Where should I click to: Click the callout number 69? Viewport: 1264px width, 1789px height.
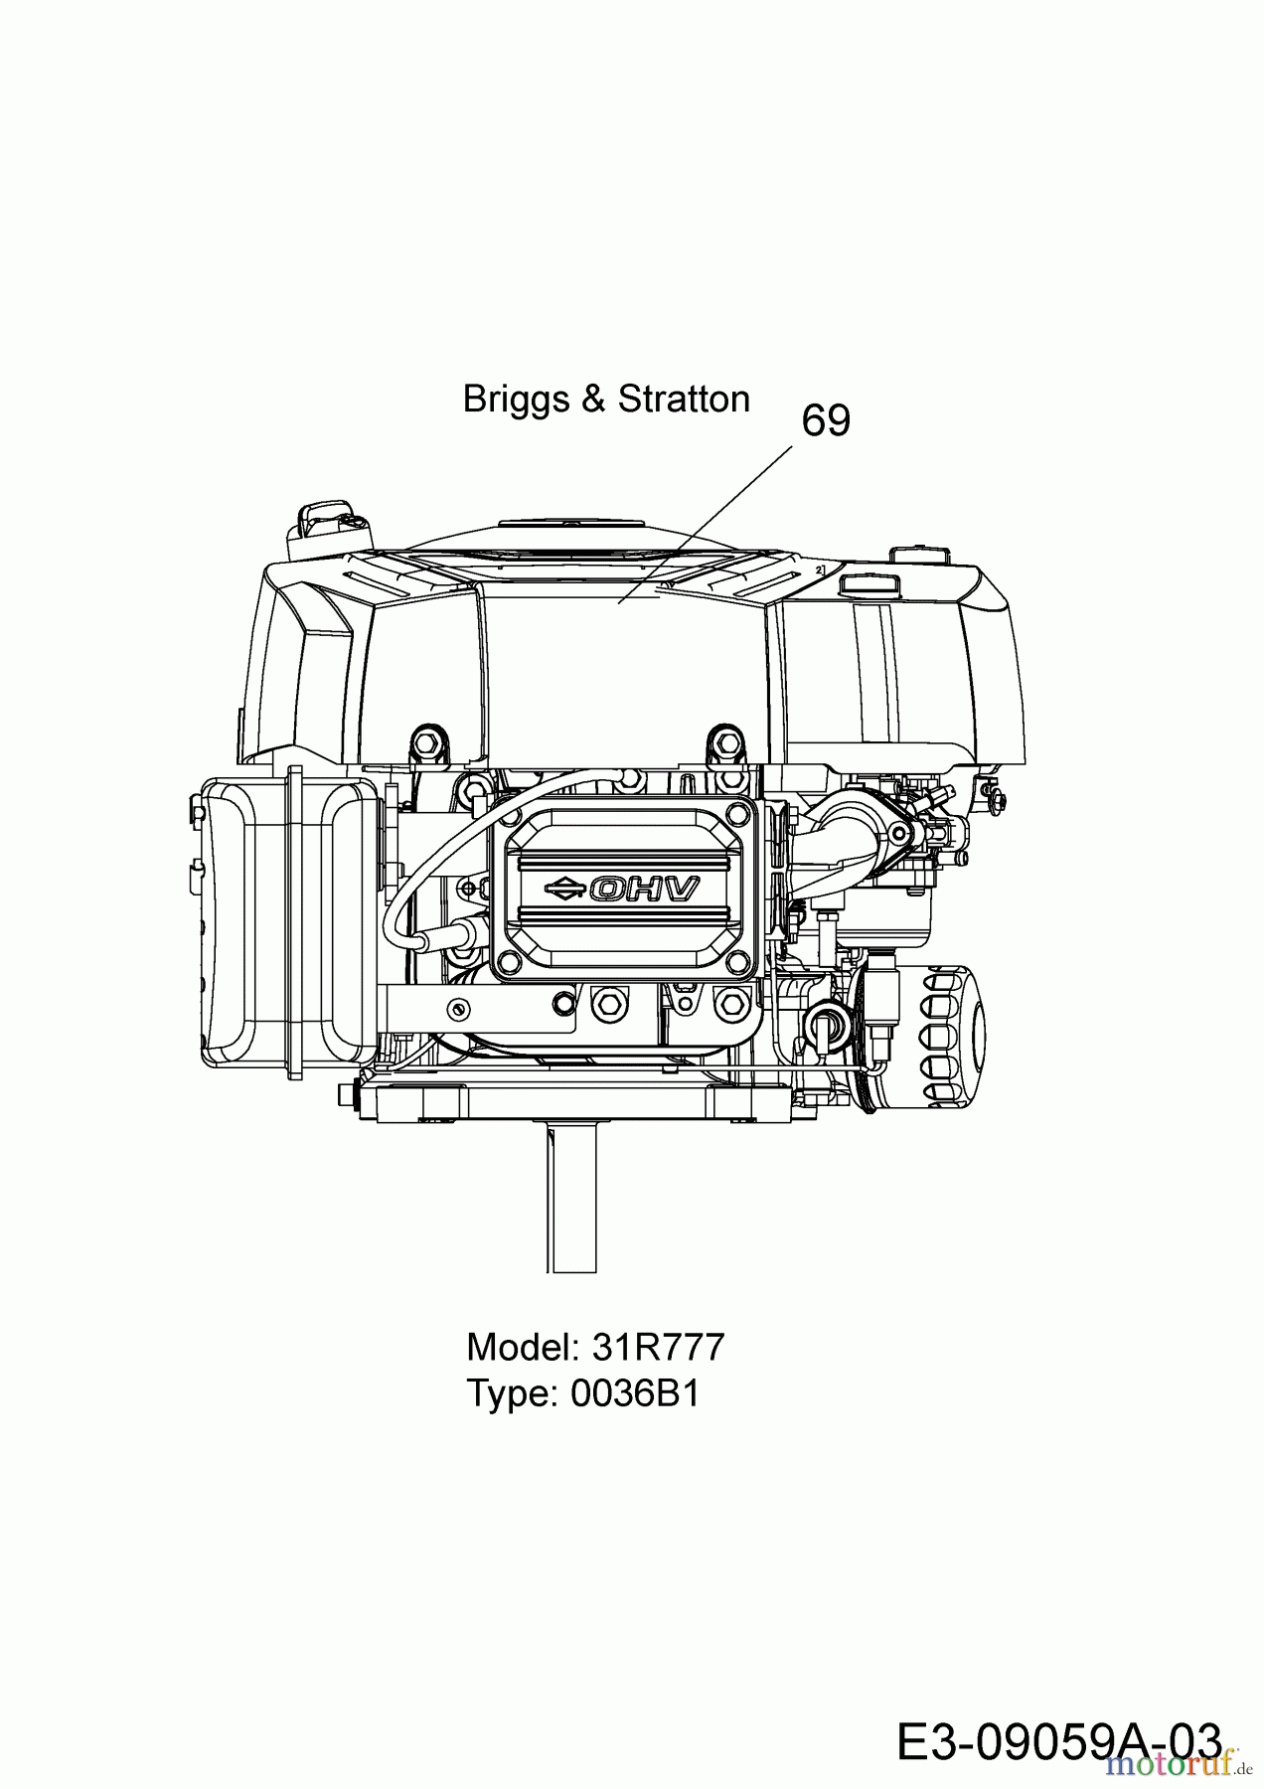[826, 421]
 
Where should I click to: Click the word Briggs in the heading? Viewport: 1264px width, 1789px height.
[517, 400]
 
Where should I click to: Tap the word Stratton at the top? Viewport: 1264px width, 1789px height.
[684, 400]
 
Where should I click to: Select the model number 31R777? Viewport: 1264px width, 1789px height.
[658, 1348]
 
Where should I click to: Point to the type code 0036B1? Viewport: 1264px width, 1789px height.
[635, 1393]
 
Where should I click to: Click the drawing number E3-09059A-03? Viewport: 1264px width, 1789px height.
[1058, 1743]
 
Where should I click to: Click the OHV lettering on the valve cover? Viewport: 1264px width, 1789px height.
[645, 888]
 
